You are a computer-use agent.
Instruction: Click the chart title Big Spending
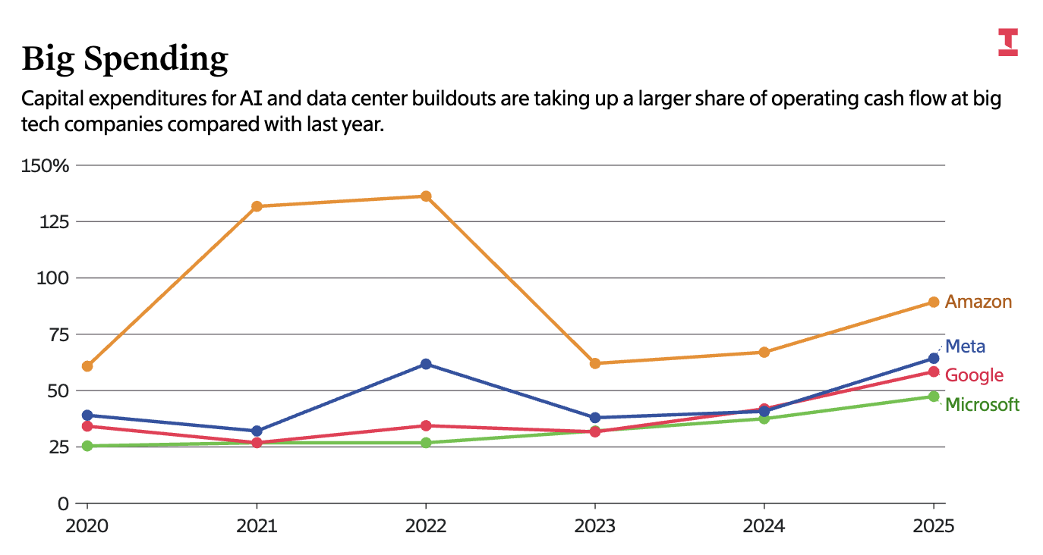(x=124, y=58)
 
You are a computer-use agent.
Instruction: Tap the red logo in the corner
(x=1007, y=42)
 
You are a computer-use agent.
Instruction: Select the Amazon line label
(x=978, y=302)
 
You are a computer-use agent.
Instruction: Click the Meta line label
(x=966, y=346)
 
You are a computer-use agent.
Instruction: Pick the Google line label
(x=974, y=375)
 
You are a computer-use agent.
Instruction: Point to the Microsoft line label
(x=982, y=405)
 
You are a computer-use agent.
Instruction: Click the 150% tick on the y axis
(x=46, y=165)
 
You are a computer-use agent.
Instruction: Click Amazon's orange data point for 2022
(x=426, y=196)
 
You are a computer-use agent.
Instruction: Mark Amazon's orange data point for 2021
(x=257, y=206)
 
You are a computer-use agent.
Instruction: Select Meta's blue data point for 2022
(x=426, y=364)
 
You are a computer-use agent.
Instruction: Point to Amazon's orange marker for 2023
(x=595, y=363)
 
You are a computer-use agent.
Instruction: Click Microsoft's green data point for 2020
(x=87, y=446)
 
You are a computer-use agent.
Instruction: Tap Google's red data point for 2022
(x=426, y=425)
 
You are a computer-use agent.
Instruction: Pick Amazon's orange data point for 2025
(x=934, y=302)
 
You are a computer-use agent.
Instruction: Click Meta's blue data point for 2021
(x=257, y=431)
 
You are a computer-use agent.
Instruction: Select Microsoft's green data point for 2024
(x=764, y=419)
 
